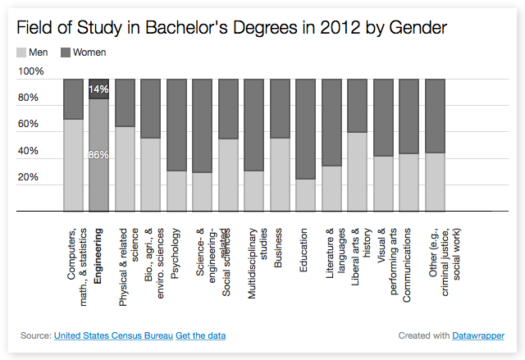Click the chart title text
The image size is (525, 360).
(232, 28)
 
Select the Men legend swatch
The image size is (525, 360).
(21, 52)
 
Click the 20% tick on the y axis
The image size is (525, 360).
(29, 177)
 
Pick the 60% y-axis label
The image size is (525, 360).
(29, 125)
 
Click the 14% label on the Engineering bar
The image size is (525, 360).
(99, 89)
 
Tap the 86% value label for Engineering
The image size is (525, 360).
(99, 155)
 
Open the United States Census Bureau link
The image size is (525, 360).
(113, 335)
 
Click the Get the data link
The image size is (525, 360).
(201, 335)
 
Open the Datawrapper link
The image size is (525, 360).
(478, 335)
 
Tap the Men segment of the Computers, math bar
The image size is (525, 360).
(73, 165)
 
